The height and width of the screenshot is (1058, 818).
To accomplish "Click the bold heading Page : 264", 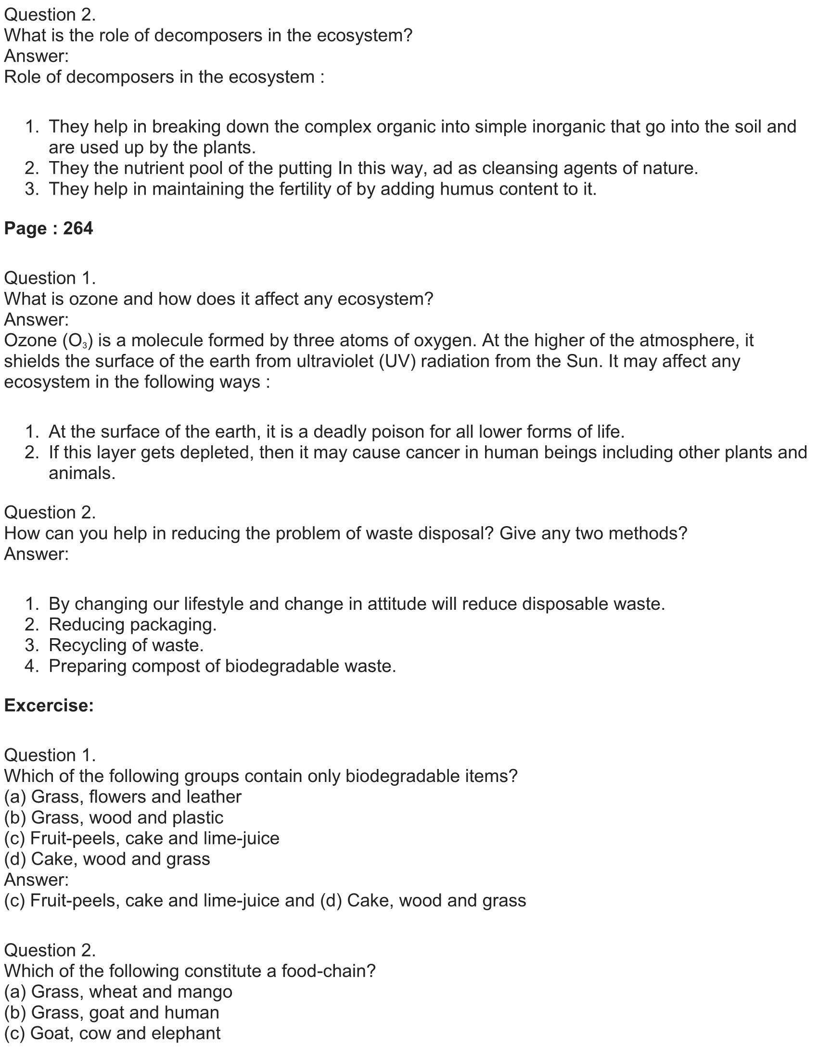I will click(x=49, y=228).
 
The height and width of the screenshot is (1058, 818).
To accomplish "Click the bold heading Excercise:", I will click(x=49, y=705).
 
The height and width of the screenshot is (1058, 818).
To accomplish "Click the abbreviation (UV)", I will click(x=398, y=362).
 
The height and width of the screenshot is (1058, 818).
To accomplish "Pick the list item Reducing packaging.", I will click(x=132, y=624).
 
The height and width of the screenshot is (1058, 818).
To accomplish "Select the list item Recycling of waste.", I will click(x=126, y=645).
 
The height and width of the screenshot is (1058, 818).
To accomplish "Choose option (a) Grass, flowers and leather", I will click(x=123, y=797).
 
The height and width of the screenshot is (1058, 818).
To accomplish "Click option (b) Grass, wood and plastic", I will click(x=114, y=818).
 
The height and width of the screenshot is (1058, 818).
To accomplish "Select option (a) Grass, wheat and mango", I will click(x=118, y=992).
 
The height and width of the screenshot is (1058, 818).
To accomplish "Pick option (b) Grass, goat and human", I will click(x=112, y=1012).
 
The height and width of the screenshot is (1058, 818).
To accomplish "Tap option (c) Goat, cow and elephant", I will click(x=113, y=1033).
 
